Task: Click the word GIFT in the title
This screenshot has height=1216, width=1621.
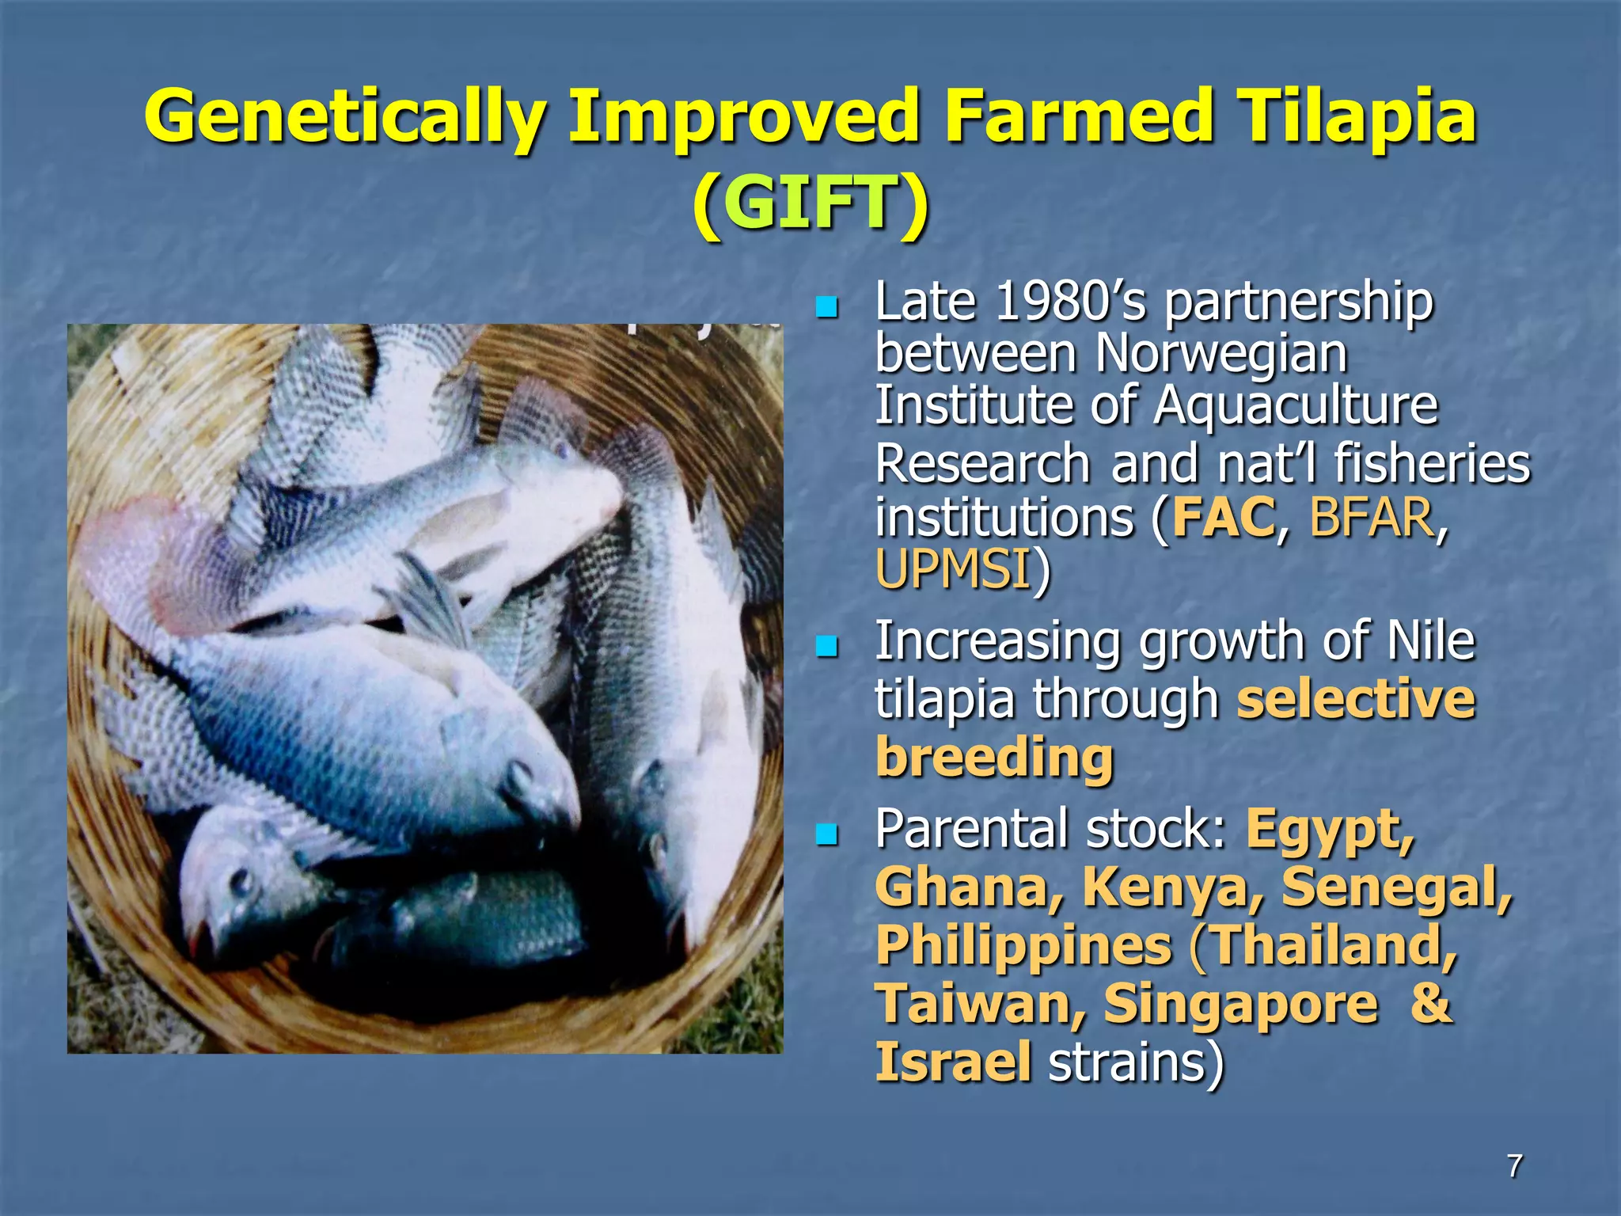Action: click(810, 203)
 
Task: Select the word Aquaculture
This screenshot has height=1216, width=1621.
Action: click(1294, 405)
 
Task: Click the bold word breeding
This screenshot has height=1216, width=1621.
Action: click(994, 758)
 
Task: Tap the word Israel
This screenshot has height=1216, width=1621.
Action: click(953, 1062)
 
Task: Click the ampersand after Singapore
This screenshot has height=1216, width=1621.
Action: click(1431, 1004)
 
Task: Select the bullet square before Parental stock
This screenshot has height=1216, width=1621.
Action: click(826, 834)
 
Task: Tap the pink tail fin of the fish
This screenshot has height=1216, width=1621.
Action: click(135, 554)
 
